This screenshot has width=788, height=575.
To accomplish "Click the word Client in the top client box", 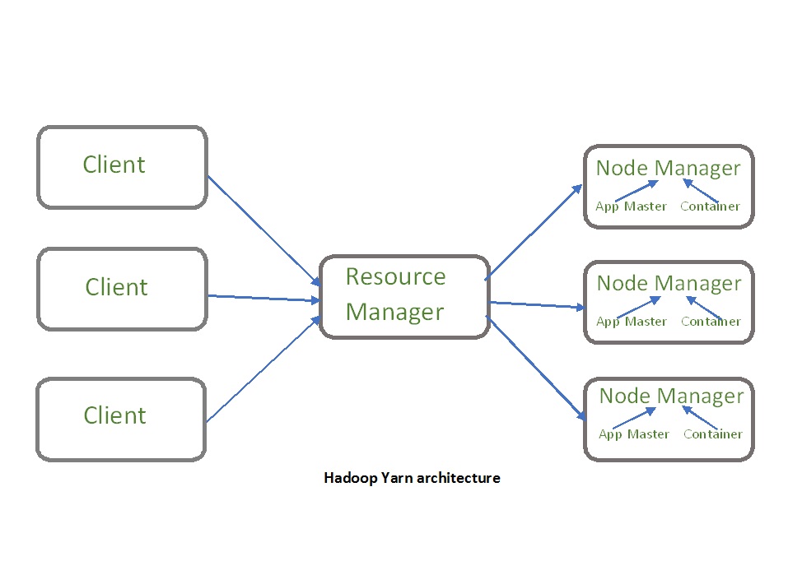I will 114,165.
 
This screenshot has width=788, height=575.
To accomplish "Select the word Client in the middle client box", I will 116,287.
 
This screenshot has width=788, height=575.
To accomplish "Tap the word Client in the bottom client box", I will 114,415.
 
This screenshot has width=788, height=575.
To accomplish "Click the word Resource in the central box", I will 395,276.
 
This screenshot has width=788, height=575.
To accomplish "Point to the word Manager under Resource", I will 394,313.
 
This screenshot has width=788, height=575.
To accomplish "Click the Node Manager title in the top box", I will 668,169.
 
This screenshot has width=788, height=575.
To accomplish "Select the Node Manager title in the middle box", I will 669,284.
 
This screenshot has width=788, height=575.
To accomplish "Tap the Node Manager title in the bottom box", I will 671,396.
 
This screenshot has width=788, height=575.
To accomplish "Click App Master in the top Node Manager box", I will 631,206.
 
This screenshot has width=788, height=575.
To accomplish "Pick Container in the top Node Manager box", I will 710,206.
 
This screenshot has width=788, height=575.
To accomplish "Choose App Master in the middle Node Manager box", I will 631,322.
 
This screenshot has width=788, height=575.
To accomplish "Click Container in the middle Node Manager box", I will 711,322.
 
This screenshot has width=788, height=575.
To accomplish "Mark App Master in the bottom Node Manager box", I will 633,434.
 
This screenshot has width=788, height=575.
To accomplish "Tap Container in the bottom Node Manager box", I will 713,434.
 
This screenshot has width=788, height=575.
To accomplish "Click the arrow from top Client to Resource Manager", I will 263,230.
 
